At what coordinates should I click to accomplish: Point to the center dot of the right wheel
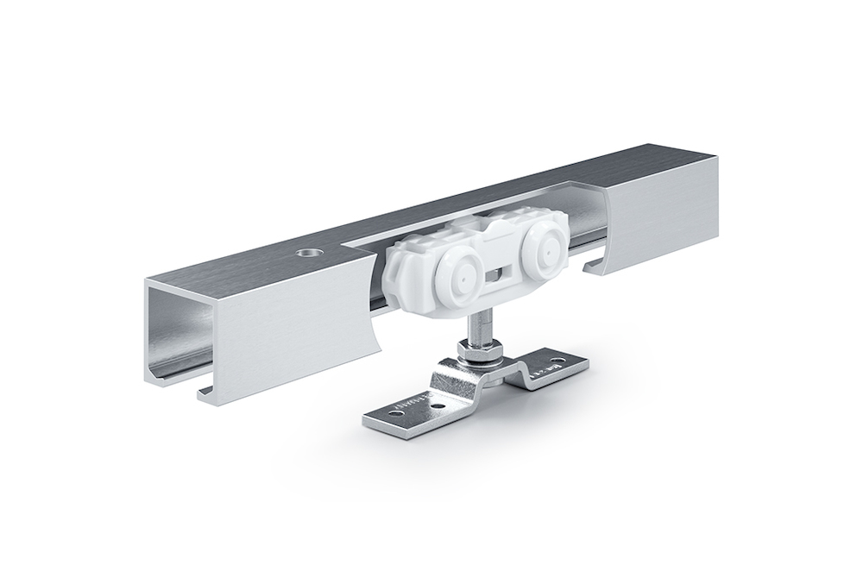545,253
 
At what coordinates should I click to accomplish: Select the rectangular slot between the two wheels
499,275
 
